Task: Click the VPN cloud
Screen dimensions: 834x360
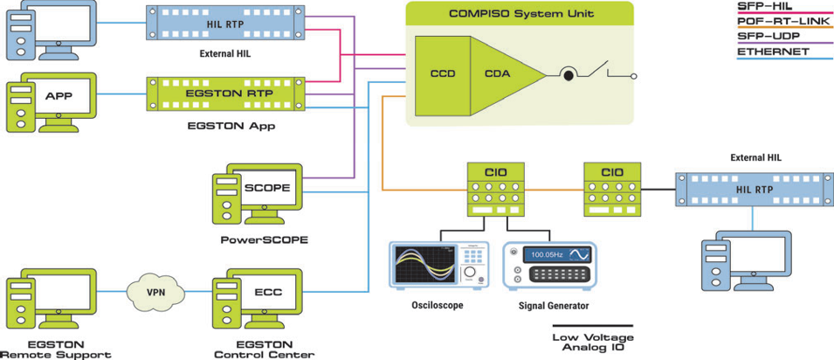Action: (155, 291)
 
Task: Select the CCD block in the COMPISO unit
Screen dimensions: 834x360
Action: (443, 74)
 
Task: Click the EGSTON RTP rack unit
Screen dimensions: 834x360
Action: (227, 93)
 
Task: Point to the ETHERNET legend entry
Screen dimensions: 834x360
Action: (773, 52)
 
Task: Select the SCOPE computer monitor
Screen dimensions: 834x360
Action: (267, 188)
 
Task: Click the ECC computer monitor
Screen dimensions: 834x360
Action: (267, 292)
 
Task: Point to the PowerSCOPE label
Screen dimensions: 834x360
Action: (265, 239)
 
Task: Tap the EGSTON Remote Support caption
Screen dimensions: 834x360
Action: (55, 350)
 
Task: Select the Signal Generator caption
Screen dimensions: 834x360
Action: (554, 306)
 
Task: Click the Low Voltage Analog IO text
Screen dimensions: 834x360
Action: (593, 343)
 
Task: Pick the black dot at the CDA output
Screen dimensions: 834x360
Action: (568, 76)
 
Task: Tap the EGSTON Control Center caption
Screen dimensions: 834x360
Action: (264, 350)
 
